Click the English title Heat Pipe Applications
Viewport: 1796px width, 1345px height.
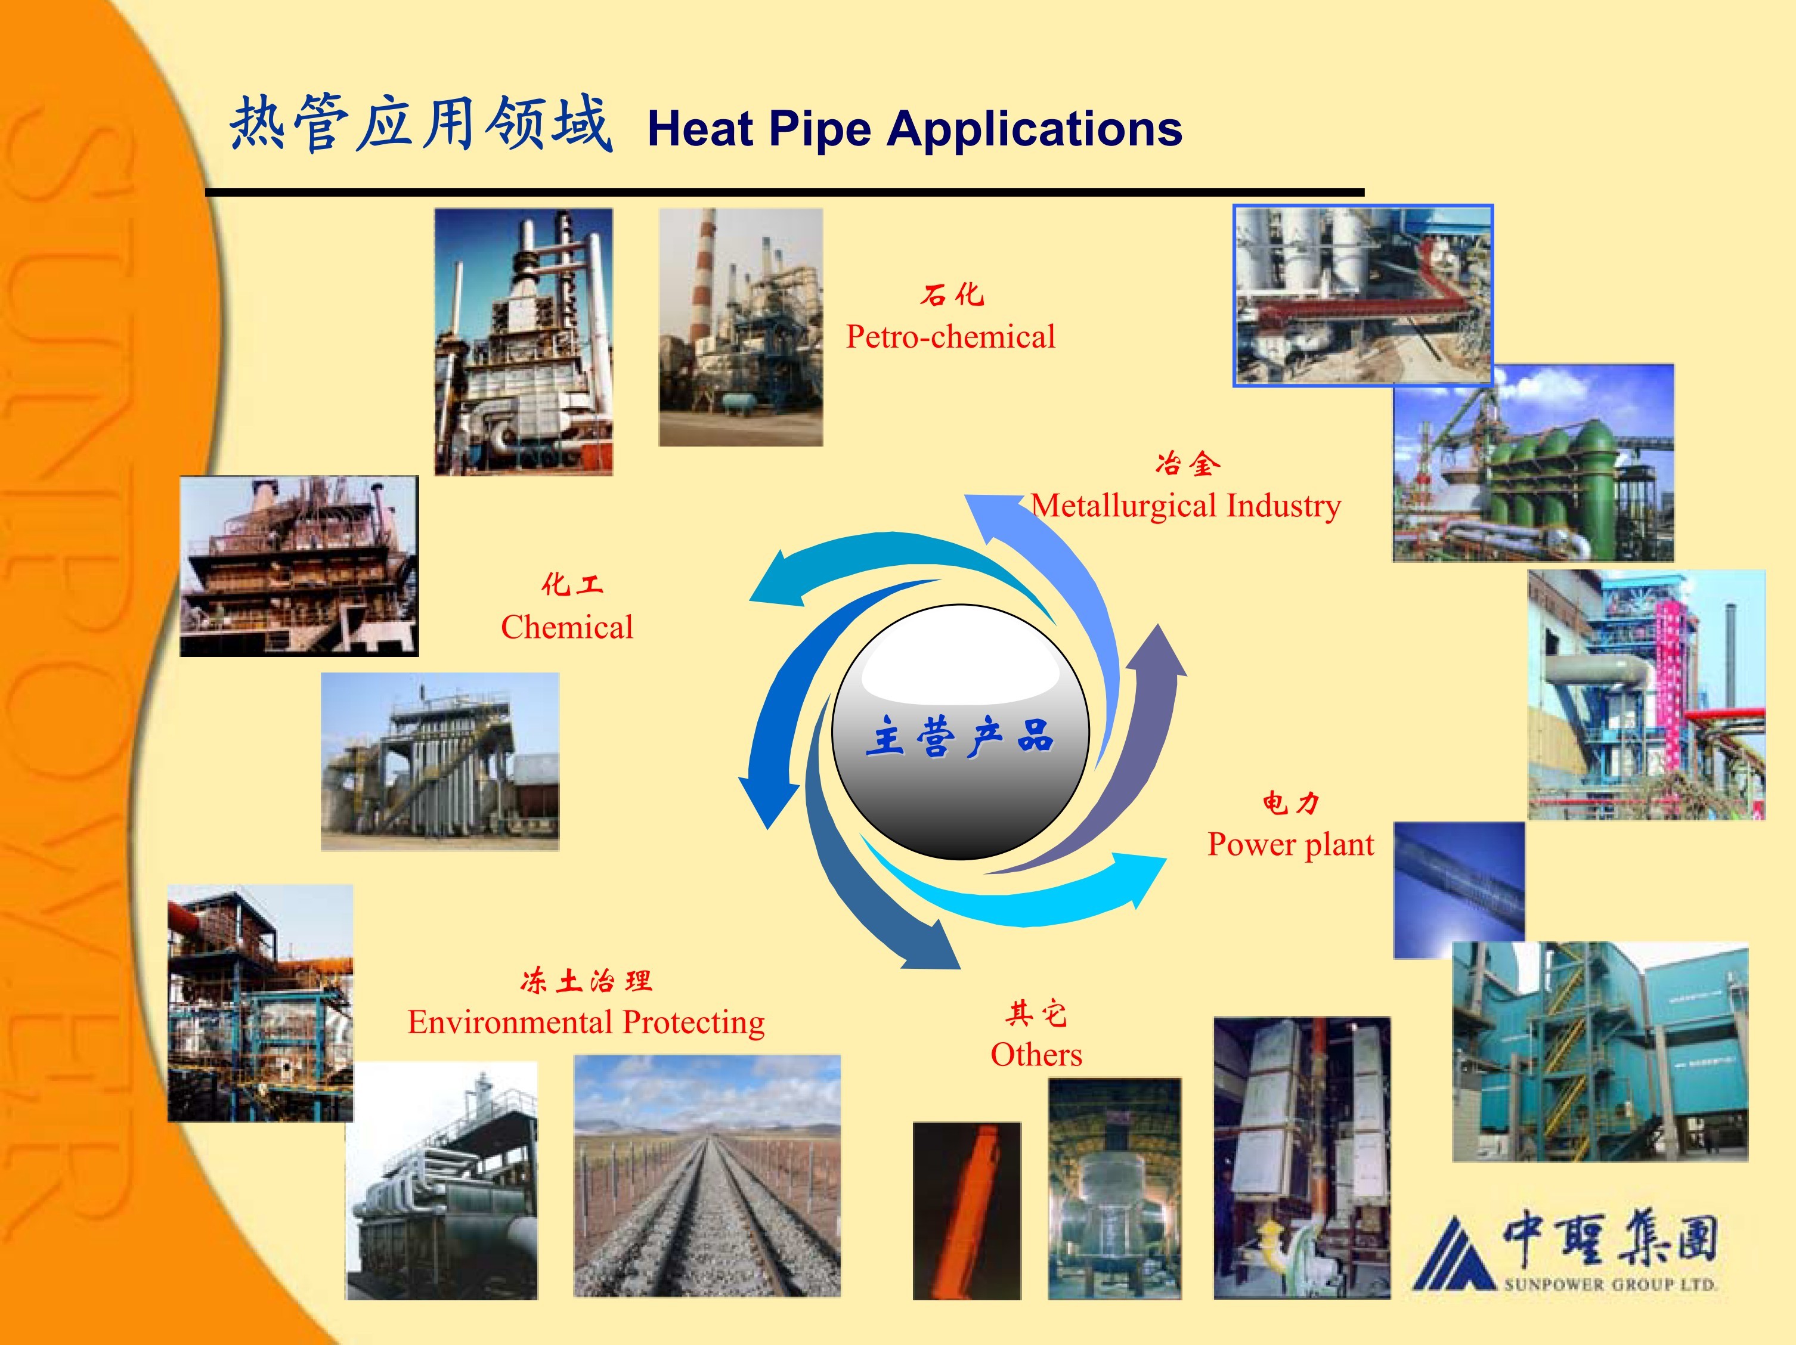point(914,128)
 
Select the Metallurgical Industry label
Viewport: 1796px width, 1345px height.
point(1185,506)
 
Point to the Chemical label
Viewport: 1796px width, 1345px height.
point(566,627)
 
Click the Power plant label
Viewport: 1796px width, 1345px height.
point(1290,844)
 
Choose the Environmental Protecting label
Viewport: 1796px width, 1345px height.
point(586,1022)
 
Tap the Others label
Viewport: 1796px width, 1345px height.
point(1036,1055)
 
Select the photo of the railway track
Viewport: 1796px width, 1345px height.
point(707,1176)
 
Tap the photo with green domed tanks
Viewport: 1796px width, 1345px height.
point(1533,463)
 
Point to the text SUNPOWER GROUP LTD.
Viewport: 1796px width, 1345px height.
point(1610,1285)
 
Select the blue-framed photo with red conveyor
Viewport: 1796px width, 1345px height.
point(1363,296)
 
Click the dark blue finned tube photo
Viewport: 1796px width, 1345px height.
point(1459,890)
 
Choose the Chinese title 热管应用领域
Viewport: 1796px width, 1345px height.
point(420,123)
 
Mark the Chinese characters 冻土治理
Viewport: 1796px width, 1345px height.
point(586,981)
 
